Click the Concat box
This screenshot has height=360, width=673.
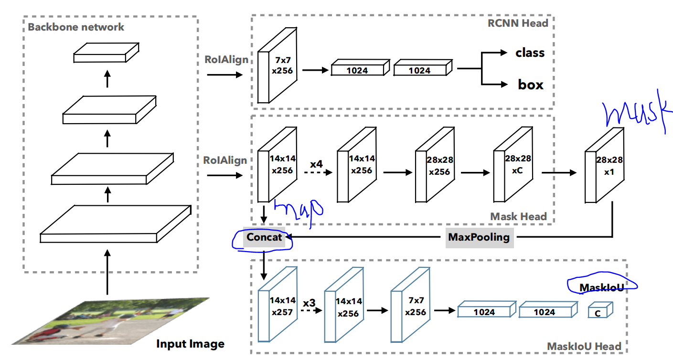click(x=264, y=237)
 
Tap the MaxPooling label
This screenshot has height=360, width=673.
click(x=479, y=237)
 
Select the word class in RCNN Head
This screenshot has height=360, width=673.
click(x=530, y=53)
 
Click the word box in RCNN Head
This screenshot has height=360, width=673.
click(x=531, y=85)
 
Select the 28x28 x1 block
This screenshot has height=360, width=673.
click(x=604, y=167)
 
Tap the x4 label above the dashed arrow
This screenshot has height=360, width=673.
click(x=316, y=164)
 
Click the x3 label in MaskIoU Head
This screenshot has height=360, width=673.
click(x=309, y=303)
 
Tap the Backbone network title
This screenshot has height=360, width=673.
click(x=76, y=27)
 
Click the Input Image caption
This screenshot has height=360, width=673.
click(x=190, y=344)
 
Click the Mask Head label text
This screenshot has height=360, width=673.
click(x=518, y=216)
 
